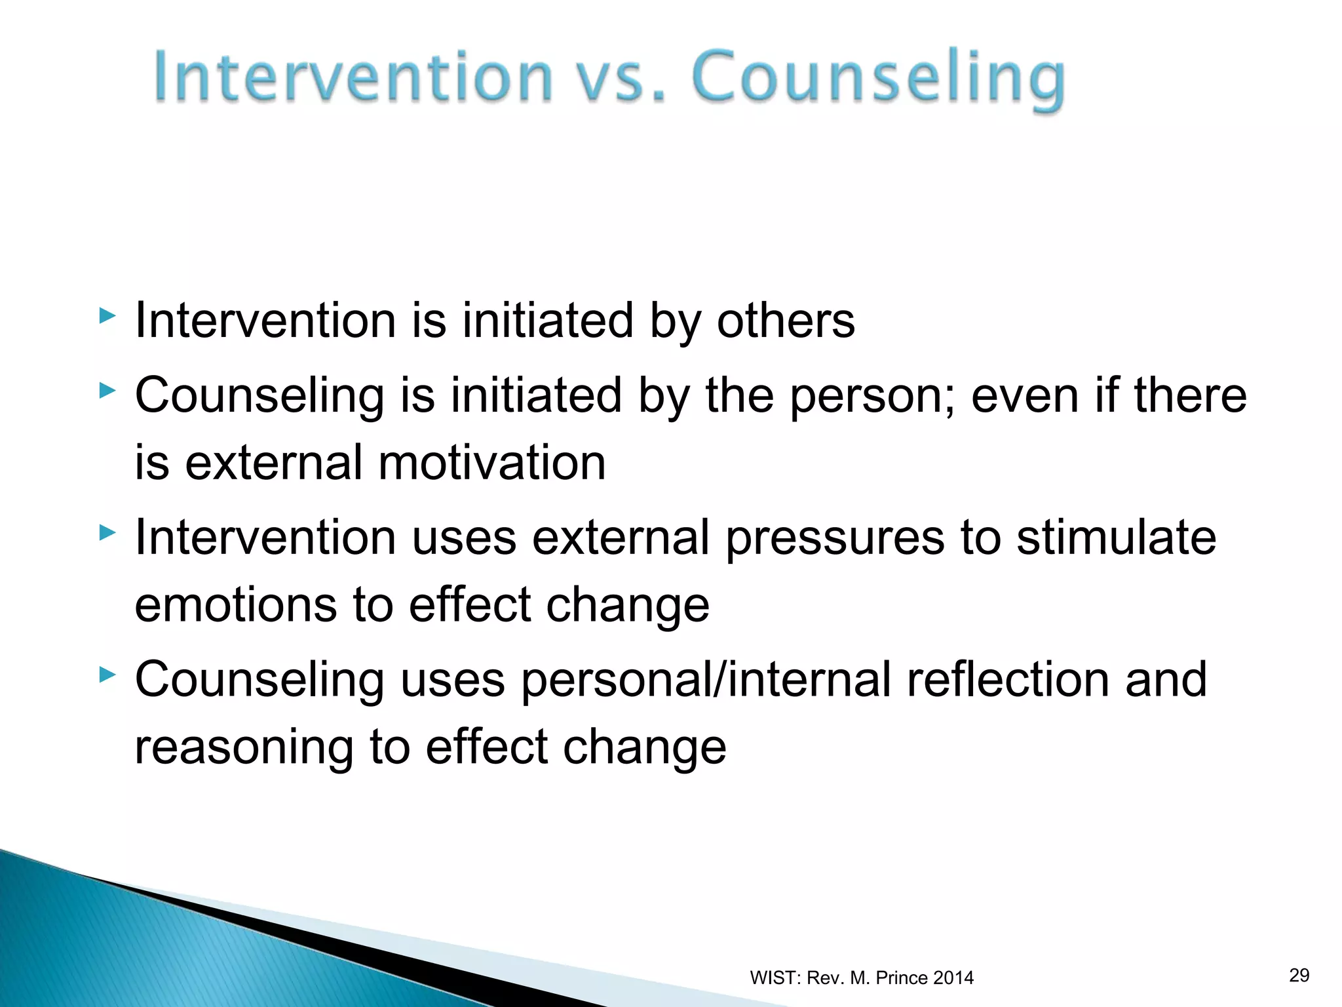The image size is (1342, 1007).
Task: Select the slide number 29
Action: [x=1299, y=975]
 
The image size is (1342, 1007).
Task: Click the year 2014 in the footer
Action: [x=953, y=977]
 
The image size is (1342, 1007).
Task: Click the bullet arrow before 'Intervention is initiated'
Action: [x=107, y=317]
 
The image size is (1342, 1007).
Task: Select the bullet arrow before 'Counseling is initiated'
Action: [x=107, y=391]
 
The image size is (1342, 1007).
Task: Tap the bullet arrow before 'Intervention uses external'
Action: [x=107, y=533]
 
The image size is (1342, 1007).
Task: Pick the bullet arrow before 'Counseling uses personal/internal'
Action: [x=107, y=675]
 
